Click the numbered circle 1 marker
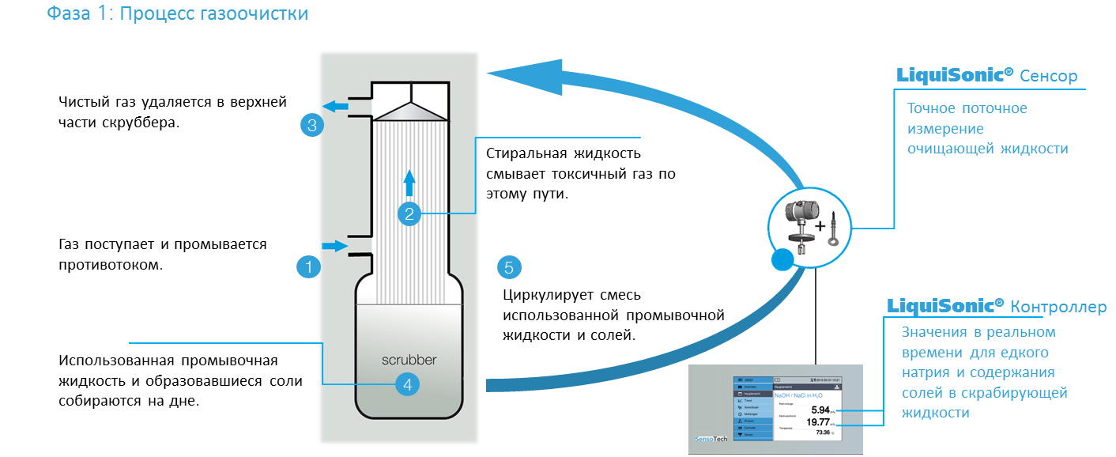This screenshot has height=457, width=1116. (309, 267)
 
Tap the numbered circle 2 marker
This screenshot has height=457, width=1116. (409, 213)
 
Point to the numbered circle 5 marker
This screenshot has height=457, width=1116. (509, 267)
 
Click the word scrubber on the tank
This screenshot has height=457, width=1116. (409, 360)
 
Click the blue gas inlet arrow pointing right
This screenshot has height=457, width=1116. (335, 246)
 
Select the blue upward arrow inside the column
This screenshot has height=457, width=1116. (409, 182)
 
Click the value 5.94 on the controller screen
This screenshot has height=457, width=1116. (820, 410)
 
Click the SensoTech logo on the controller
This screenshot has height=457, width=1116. (711, 439)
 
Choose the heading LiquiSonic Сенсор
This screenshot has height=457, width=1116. (986, 76)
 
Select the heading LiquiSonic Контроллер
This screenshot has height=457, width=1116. (996, 306)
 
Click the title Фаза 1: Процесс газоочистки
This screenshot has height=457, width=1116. (178, 13)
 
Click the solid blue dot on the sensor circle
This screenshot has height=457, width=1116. (782, 259)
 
